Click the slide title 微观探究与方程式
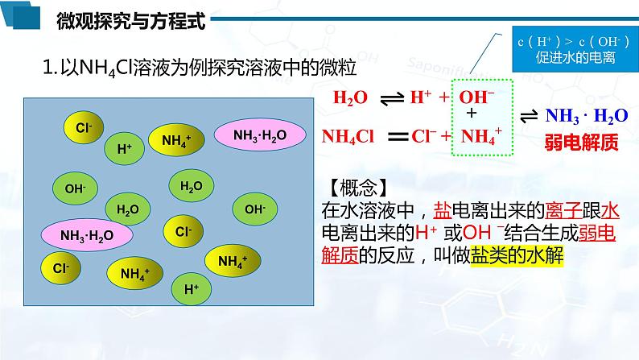131,21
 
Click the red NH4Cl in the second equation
348,136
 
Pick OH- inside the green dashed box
476,98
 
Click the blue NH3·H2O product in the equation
586,116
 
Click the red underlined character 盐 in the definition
443,211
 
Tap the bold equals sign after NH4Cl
398,136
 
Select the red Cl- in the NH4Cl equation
423,136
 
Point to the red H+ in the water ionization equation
421,98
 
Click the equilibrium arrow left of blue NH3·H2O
530,116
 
